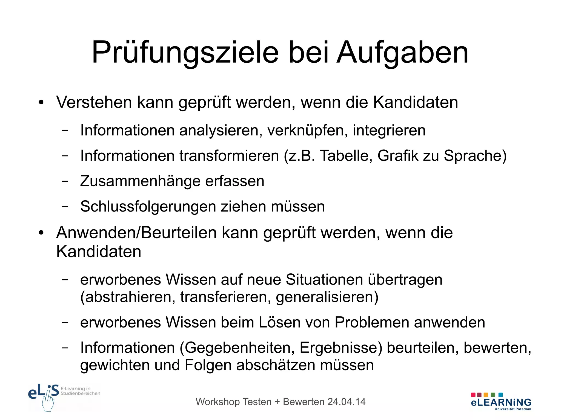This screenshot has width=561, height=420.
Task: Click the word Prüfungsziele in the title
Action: pyautogui.click(x=185, y=53)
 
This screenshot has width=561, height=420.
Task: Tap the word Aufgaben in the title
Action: pyautogui.click(x=403, y=53)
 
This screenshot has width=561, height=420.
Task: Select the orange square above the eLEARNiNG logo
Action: pyautogui.click(x=486, y=395)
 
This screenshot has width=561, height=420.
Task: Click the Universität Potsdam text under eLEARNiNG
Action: pyautogui.click(x=513, y=409)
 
